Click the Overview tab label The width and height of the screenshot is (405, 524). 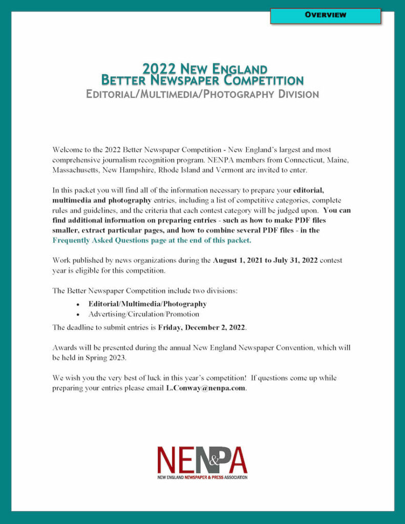click(x=326, y=15)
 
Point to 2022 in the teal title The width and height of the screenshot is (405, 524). click(x=159, y=69)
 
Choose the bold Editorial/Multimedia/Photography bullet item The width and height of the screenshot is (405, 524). click(x=147, y=303)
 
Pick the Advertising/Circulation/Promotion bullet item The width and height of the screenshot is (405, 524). click(x=143, y=314)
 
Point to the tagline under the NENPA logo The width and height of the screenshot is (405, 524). click(x=202, y=477)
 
